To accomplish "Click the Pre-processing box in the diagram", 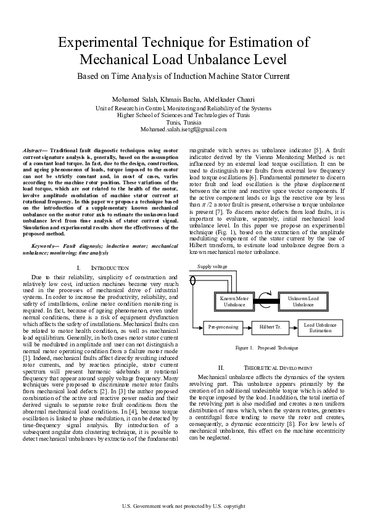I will pos(223,327).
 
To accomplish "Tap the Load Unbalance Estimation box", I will pos(320,327).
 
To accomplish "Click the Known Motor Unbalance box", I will pos(234,301).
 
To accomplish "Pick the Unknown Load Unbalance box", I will pos(303,301).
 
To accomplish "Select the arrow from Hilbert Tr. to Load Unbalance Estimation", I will pos(292,327).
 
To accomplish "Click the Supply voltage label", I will pos(212,267).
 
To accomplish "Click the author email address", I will pos(183,129).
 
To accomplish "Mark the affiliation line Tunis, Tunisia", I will pos(183,122).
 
